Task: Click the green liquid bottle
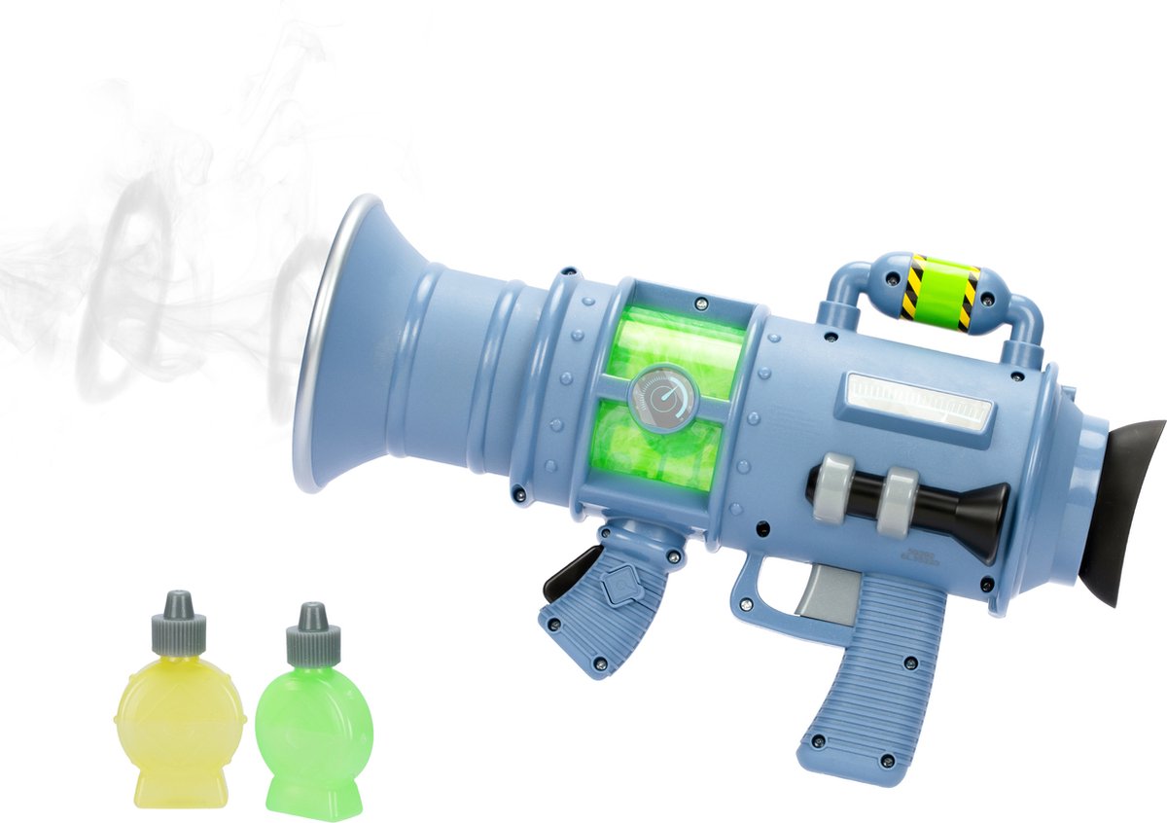coord(309,725)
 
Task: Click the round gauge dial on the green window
coord(661,397)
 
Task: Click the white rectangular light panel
coord(918,400)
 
